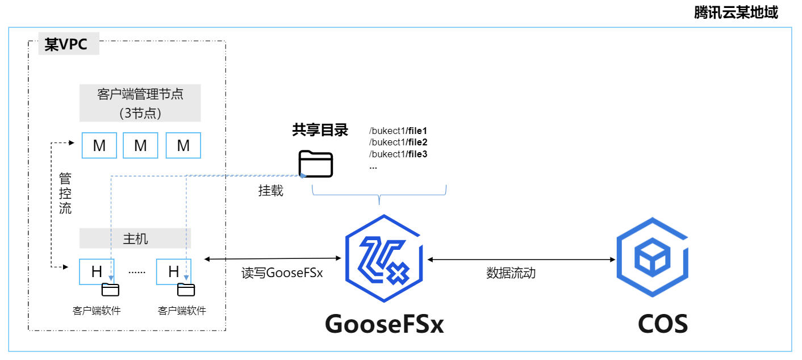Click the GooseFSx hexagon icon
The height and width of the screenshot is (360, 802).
click(x=385, y=260)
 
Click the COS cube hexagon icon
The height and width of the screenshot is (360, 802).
click(x=653, y=260)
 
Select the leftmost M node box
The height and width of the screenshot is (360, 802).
click(x=99, y=145)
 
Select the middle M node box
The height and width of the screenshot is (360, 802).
click(x=141, y=145)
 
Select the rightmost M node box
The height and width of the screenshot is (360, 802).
click(x=183, y=145)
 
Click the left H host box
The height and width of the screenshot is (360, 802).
click(x=97, y=271)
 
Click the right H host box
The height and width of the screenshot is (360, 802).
click(x=174, y=271)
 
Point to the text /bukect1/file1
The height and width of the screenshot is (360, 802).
click(x=398, y=131)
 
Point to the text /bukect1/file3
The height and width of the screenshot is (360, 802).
click(x=398, y=154)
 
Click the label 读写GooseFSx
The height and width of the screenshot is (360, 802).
click(x=282, y=273)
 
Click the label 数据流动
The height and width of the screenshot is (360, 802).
click(x=511, y=273)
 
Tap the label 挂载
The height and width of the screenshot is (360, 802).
click(x=270, y=191)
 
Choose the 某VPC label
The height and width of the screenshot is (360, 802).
click(x=66, y=44)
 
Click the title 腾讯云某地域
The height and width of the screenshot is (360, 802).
click(x=736, y=12)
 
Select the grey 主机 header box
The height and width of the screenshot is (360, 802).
click(x=135, y=238)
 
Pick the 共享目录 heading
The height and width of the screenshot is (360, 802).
click(x=320, y=130)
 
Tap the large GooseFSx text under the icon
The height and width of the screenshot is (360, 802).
click(x=384, y=324)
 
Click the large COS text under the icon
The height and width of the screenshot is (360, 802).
click(x=662, y=324)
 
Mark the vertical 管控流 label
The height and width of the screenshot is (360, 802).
click(x=65, y=194)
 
